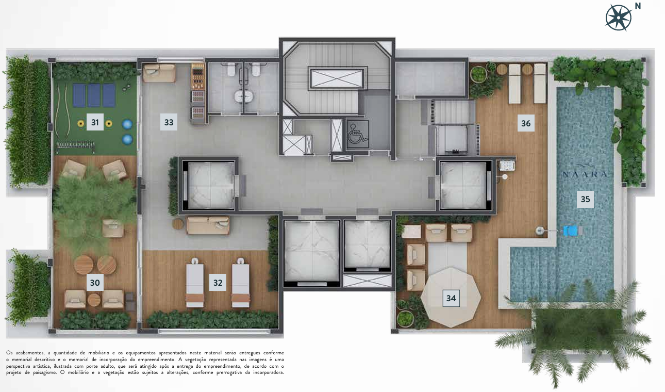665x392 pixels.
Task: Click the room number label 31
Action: [95, 122]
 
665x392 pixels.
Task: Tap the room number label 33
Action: [169, 122]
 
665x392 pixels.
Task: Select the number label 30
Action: [95, 283]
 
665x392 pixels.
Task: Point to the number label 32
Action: [218, 283]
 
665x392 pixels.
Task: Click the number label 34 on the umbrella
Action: [451, 298]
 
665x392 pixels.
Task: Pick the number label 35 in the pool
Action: [585, 199]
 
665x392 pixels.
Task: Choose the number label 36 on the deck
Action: [526, 123]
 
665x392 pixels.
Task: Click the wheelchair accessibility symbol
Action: [358, 134]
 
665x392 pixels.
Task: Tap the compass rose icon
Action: [618, 18]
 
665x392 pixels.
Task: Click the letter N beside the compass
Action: [638, 6]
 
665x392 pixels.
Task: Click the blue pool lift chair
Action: [571, 231]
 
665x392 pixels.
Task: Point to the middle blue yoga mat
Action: [94, 95]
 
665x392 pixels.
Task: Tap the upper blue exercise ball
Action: [127, 124]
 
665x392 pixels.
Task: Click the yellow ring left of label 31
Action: [80, 123]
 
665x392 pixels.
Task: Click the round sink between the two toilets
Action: [243, 96]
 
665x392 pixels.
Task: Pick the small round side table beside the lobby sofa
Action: [178, 224]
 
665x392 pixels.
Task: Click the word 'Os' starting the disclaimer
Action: [9, 353]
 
